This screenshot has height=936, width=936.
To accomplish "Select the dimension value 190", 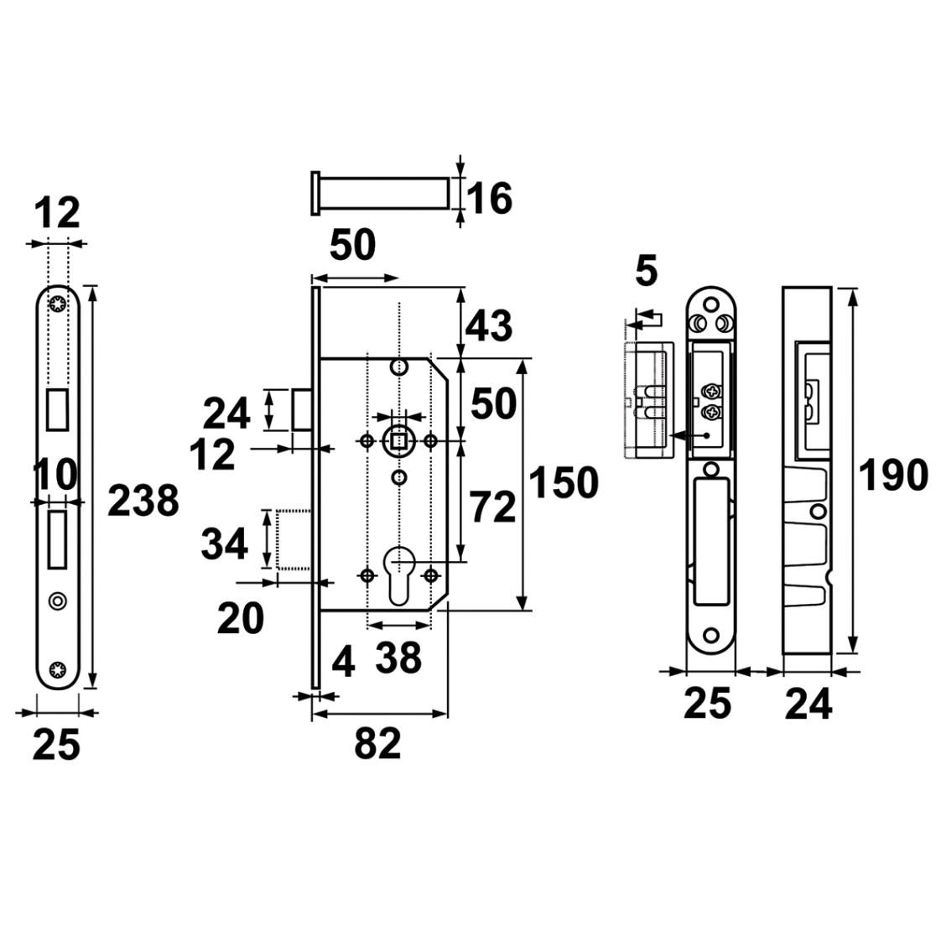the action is [x=893, y=476].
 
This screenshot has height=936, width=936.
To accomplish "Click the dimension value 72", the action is [x=491, y=507].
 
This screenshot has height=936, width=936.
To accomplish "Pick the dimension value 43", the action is [x=488, y=326].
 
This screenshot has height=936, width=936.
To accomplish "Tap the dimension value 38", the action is [x=398, y=658].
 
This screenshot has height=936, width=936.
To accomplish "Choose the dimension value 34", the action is [x=224, y=544].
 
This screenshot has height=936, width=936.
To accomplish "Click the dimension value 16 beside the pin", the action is [x=489, y=198].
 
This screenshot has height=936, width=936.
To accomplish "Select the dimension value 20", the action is [x=240, y=619].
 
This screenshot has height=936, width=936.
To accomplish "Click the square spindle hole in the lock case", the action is [x=398, y=442].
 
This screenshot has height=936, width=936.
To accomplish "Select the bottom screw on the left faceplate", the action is [x=58, y=669].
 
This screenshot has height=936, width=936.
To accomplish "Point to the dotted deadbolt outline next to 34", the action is [x=294, y=539].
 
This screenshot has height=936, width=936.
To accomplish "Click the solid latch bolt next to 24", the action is [x=301, y=409].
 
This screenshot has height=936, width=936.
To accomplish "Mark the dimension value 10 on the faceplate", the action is [x=55, y=475].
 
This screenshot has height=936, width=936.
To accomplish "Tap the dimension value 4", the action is [x=343, y=663].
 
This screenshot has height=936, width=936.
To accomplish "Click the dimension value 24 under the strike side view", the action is [x=809, y=705].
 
